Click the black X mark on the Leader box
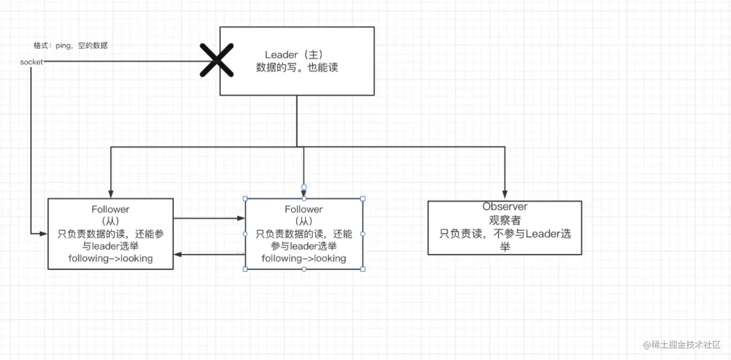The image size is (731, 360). [217, 60]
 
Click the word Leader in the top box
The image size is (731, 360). [281, 55]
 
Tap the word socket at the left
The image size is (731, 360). [31, 62]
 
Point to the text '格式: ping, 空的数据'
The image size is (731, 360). [71, 46]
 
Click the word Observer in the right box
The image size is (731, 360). [505, 207]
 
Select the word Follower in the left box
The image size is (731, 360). [110, 210]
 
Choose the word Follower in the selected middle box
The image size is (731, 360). [304, 210]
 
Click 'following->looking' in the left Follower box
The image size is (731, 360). [110, 259]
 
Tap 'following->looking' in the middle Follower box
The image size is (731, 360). [304, 259]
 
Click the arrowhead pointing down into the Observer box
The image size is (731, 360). [505, 195]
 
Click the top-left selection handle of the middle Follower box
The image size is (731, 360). [245, 199]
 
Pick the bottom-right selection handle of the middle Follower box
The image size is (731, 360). [363, 269]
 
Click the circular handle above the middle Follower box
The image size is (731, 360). [304, 187]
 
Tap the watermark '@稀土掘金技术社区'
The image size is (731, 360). [682, 345]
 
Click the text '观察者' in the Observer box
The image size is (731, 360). [505, 220]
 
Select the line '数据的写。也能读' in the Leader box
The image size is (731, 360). [297, 68]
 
